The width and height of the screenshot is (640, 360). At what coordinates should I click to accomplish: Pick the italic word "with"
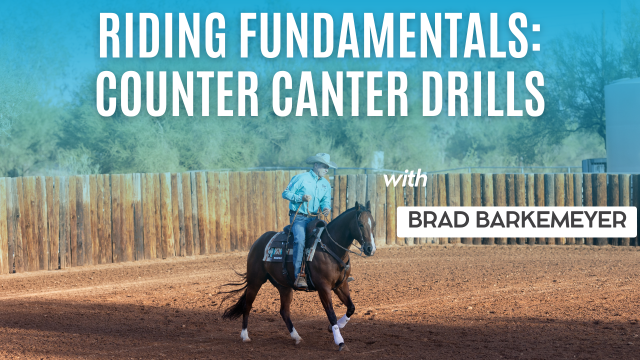pos(405,179)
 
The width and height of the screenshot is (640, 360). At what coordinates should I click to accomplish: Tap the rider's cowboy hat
pos(321,159)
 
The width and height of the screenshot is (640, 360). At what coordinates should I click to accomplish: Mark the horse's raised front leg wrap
pos(342,321)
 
